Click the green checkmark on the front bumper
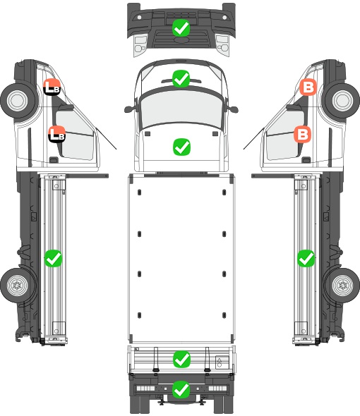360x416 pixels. pyautogui.click(x=181, y=27)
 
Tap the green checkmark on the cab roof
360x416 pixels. pyautogui.click(x=181, y=78)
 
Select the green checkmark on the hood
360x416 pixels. pyautogui.click(x=181, y=147)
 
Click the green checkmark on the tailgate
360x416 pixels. pyautogui.click(x=181, y=359)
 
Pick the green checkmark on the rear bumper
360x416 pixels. pyautogui.click(x=181, y=389)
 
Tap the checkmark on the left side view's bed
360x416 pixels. pyautogui.click(x=53, y=258)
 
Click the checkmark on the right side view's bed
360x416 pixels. pyautogui.click(x=306, y=258)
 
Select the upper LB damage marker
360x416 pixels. pyautogui.click(x=52, y=87)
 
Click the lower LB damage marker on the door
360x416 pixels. pyautogui.click(x=56, y=134)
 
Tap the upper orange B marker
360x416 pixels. pyautogui.click(x=308, y=87)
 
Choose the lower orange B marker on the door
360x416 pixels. pyautogui.click(x=302, y=134)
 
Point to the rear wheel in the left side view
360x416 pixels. pyautogui.click(x=18, y=286)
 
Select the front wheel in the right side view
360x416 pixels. pyautogui.click(x=342, y=100)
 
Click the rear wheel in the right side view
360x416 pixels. pyautogui.click(x=342, y=286)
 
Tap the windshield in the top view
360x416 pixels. pyautogui.click(x=181, y=109)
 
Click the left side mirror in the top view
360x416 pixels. pyautogui.click(x=129, y=109)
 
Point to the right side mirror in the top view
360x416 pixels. pyautogui.click(x=233, y=109)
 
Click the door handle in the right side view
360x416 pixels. pyautogui.click(x=306, y=160)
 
